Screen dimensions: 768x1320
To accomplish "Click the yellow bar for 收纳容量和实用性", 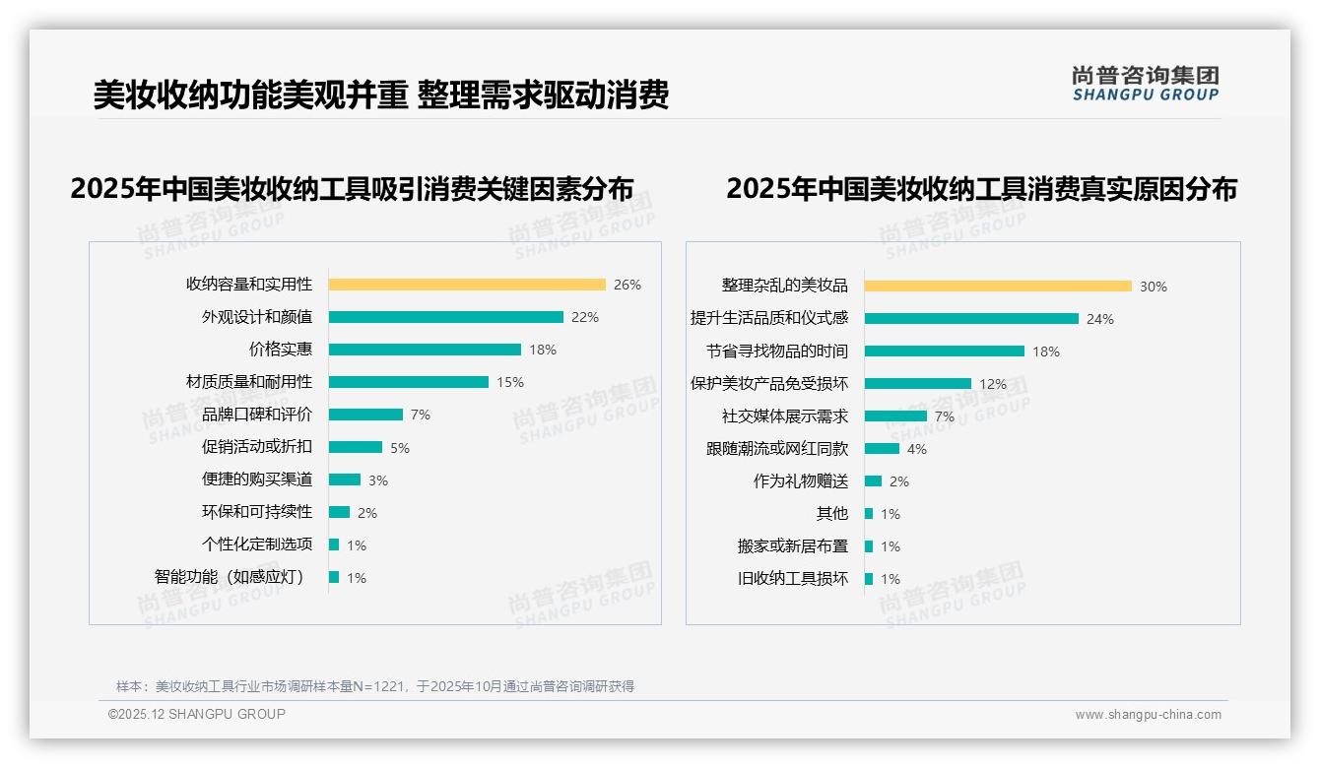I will click(x=467, y=285).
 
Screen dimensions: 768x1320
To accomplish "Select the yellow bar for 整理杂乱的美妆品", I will click(x=998, y=287).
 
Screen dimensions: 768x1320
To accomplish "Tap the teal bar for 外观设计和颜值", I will click(x=445, y=317).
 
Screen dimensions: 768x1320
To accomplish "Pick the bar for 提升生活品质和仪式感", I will click(x=971, y=319).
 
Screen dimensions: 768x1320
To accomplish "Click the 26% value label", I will click(x=627, y=285).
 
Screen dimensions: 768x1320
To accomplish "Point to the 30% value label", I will click(x=1153, y=287).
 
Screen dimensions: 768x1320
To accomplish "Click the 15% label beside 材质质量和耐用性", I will click(x=509, y=382).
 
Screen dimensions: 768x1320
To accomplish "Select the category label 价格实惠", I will click(x=280, y=349).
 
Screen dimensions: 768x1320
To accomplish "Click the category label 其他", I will click(x=831, y=513).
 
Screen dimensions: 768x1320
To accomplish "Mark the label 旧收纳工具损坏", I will click(x=792, y=578).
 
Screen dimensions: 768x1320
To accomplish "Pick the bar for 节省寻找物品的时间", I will click(x=944, y=352).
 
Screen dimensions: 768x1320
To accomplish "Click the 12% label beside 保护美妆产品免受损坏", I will click(x=992, y=384).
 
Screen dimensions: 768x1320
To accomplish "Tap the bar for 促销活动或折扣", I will click(x=355, y=447).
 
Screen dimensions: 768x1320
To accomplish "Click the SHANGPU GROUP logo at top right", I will click(x=1145, y=84).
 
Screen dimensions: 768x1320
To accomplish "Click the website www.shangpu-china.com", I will click(x=1148, y=715).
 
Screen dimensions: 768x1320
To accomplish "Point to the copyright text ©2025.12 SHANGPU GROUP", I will click(x=196, y=714).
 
